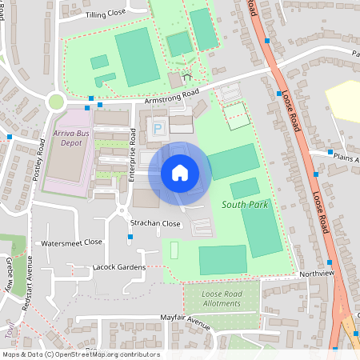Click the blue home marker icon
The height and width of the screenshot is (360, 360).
179,172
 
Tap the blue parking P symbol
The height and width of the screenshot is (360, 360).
158,127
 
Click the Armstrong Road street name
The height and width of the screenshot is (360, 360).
170,96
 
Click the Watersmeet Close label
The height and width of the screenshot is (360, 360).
72,242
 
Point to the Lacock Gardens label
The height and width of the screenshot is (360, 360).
118,266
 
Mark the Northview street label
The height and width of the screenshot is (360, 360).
317,273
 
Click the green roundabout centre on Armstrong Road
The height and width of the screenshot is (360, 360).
56,102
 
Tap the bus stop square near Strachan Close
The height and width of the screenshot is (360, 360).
130,237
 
